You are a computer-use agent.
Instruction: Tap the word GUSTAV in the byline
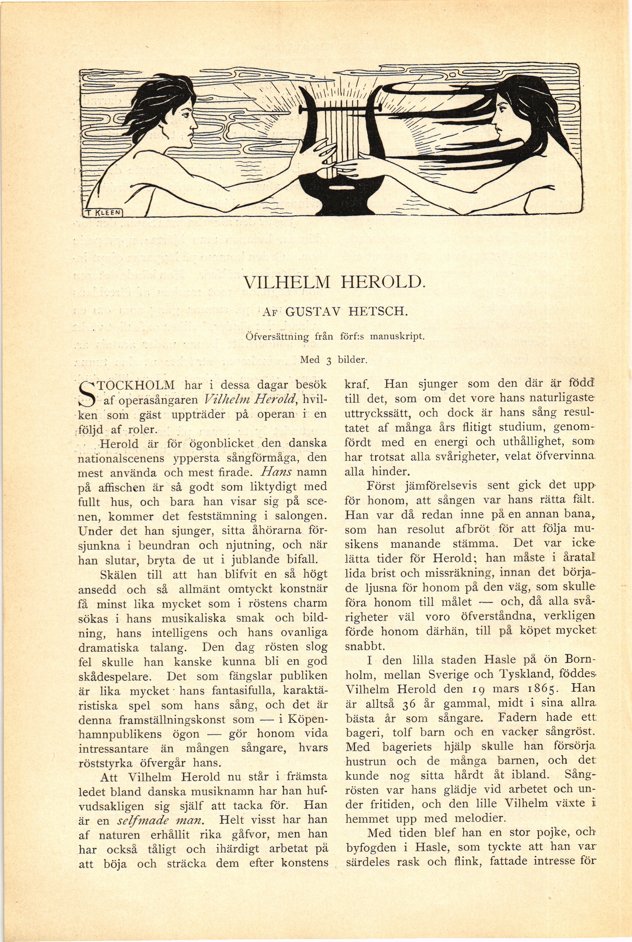tap(311, 312)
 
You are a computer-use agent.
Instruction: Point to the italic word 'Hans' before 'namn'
tap(276, 472)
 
